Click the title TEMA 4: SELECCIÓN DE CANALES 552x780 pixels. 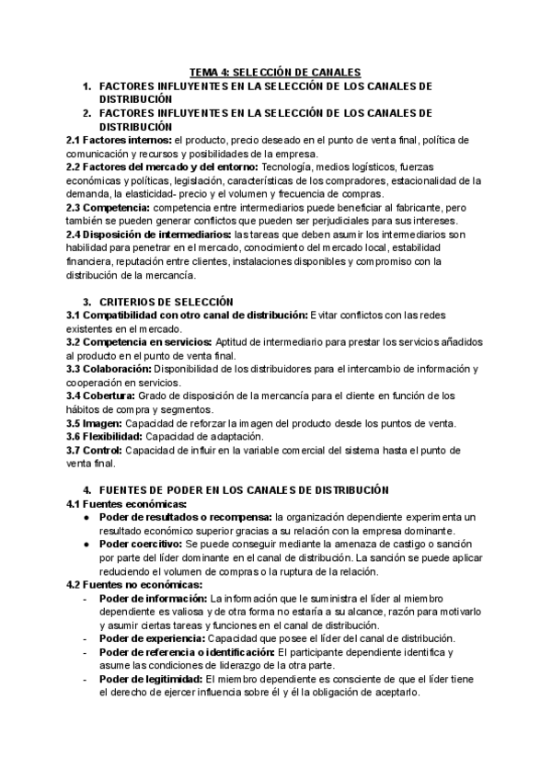pyautogui.click(x=275, y=72)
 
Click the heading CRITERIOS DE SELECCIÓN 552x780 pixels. pyautogui.click(x=166, y=302)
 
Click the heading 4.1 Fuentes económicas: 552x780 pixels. pyautogui.click(x=126, y=504)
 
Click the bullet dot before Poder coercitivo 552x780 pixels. pyautogui.click(x=86, y=545)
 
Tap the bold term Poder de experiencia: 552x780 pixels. pyautogui.click(x=152, y=638)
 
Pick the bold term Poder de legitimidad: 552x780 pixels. pyautogui.click(x=152, y=679)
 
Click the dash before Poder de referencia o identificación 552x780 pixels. pyautogui.click(x=85, y=652)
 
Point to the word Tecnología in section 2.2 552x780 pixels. pyautogui.click(x=289, y=167)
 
